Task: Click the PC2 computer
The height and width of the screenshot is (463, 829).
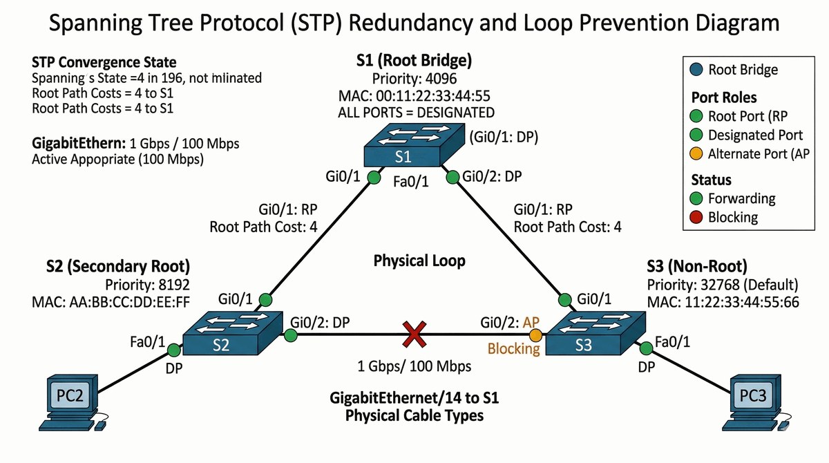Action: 69,400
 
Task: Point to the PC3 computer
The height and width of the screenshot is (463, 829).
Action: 757,401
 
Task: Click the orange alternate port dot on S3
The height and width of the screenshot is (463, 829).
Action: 535,335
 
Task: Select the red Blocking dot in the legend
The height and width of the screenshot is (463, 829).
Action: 696,217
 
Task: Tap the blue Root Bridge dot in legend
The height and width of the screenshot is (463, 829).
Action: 696,70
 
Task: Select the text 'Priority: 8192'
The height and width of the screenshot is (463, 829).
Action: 147,285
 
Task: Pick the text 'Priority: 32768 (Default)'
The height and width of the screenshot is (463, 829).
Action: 722,285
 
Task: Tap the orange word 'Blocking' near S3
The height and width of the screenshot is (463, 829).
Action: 513,348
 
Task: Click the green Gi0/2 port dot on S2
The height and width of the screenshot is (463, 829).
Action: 291,336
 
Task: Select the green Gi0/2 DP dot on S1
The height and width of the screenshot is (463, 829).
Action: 453,178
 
